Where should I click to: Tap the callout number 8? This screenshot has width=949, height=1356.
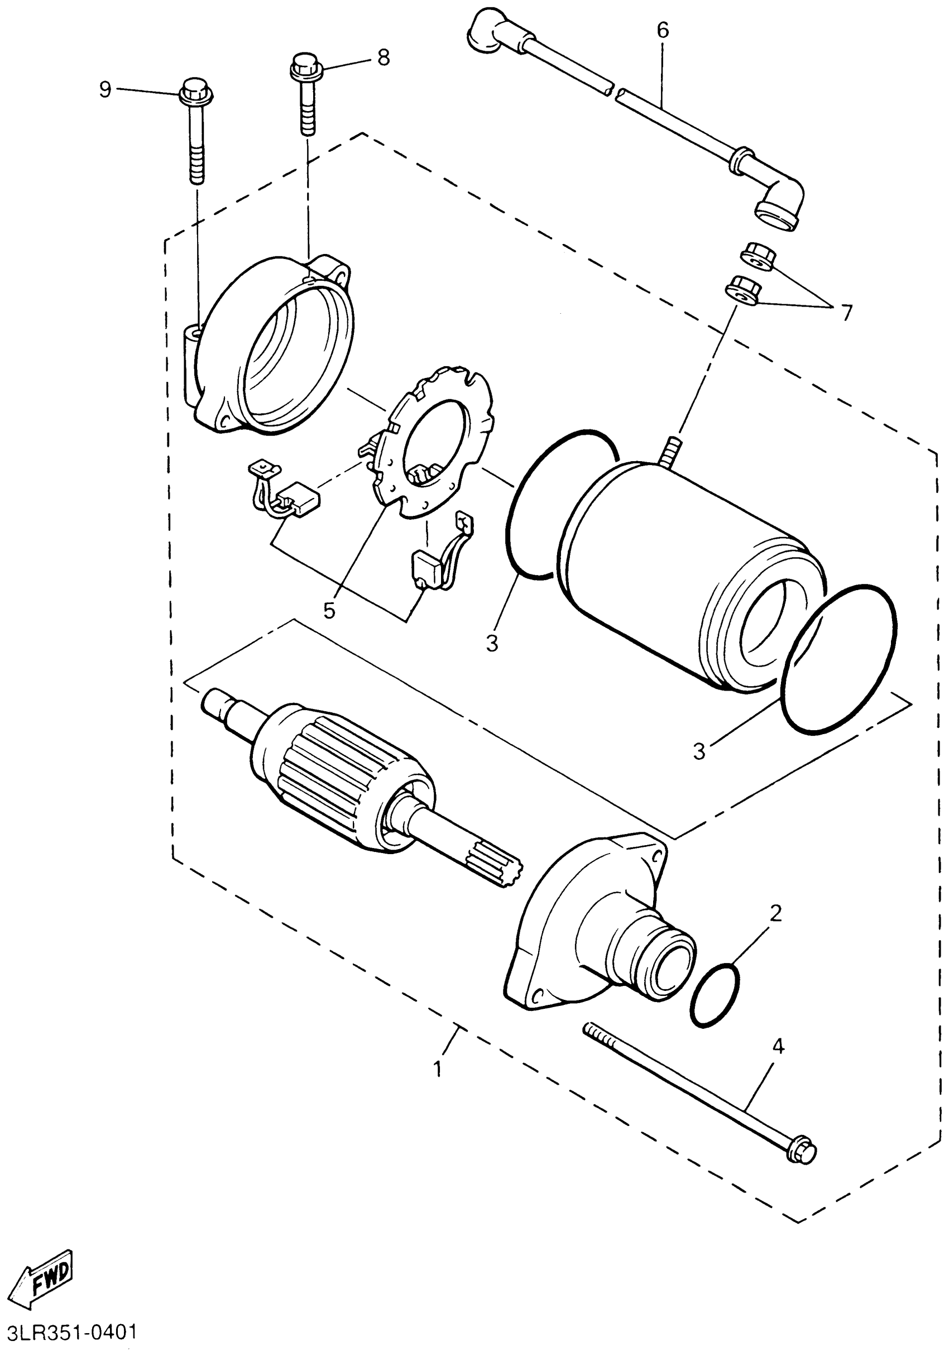384,58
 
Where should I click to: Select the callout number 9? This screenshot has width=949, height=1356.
105,90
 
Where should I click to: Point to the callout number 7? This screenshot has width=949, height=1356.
846,313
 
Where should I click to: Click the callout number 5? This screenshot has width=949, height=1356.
329,611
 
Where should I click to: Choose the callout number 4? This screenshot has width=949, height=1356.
778,1047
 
